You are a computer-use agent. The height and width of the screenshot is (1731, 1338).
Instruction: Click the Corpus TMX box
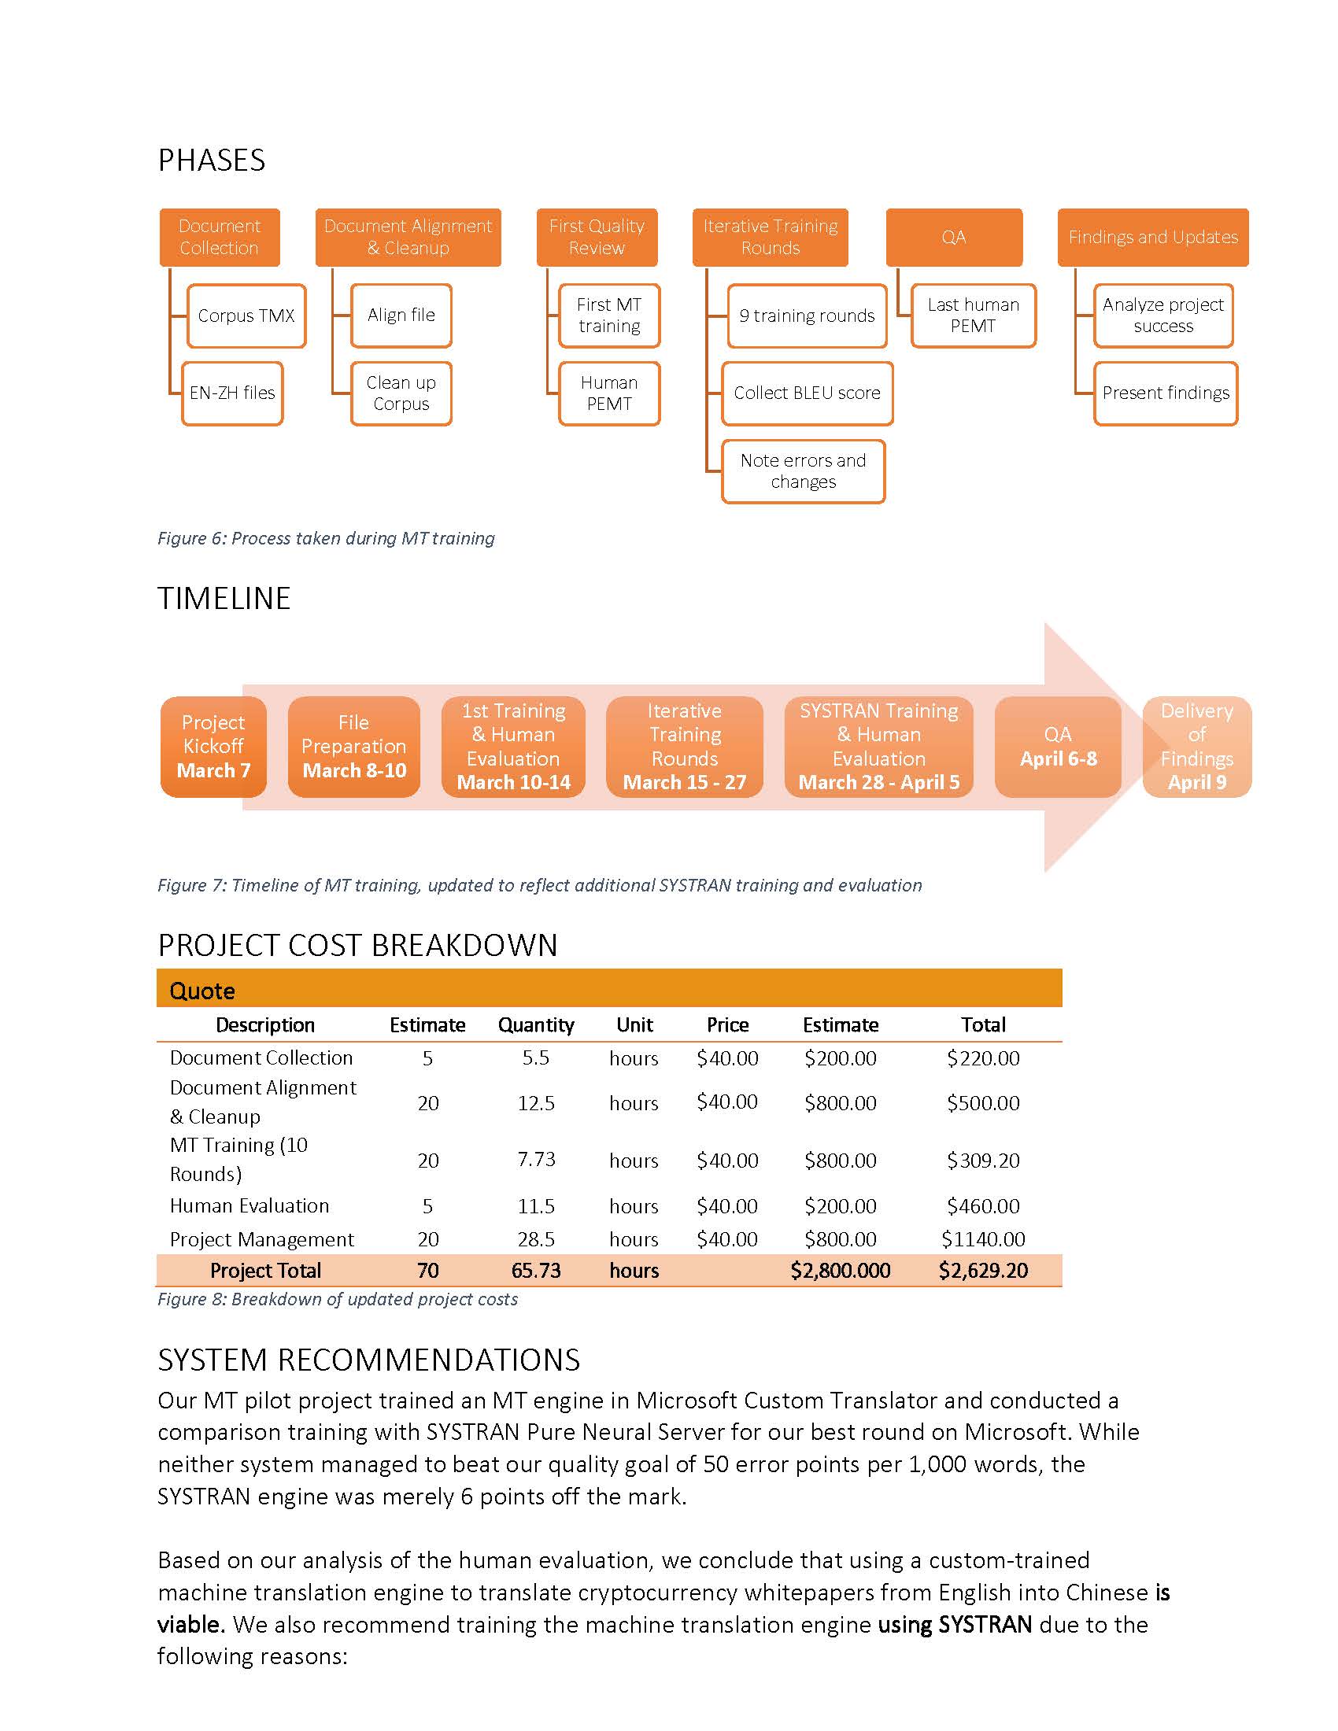(246, 316)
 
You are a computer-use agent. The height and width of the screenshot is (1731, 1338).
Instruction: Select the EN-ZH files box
(232, 393)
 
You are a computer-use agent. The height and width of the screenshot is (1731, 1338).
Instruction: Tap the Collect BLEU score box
(807, 393)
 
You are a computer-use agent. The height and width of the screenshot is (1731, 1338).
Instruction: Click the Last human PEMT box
(974, 316)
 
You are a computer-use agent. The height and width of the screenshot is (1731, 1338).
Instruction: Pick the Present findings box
(1165, 393)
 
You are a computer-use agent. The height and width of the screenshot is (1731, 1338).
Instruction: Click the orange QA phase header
(954, 237)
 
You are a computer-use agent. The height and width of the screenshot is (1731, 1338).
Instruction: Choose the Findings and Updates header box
(1152, 237)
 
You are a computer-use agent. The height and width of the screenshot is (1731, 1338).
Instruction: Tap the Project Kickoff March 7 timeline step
(213, 746)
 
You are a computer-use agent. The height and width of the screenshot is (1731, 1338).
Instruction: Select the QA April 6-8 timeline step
(1057, 746)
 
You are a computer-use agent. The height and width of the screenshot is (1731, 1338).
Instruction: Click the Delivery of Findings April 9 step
(1196, 746)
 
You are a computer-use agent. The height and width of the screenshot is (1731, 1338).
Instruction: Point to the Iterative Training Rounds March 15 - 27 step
(684, 746)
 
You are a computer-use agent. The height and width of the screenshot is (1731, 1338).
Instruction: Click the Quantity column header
(536, 1024)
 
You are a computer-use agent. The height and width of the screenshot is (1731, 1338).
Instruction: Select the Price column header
(727, 1024)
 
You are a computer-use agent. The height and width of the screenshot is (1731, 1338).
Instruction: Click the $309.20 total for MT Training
(983, 1161)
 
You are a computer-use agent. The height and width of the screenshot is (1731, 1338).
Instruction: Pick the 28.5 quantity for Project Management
(536, 1238)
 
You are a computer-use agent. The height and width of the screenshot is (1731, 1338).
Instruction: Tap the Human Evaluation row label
(249, 1205)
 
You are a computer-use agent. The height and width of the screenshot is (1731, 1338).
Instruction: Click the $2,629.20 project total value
(983, 1271)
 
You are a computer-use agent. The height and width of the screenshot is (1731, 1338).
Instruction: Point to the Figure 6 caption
(326, 538)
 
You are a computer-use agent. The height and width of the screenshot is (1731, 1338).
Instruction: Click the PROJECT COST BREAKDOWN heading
(357, 946)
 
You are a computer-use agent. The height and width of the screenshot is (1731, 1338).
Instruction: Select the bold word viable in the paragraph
(190, 1624)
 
